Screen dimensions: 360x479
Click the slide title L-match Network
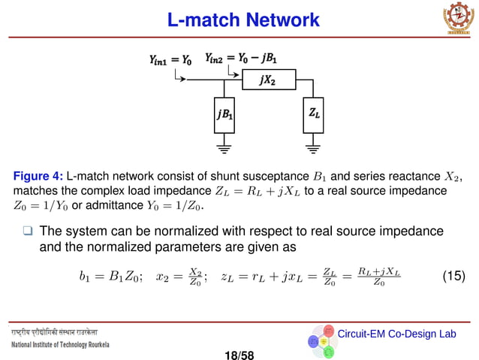pyautogui.click(x=243, y=20)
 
